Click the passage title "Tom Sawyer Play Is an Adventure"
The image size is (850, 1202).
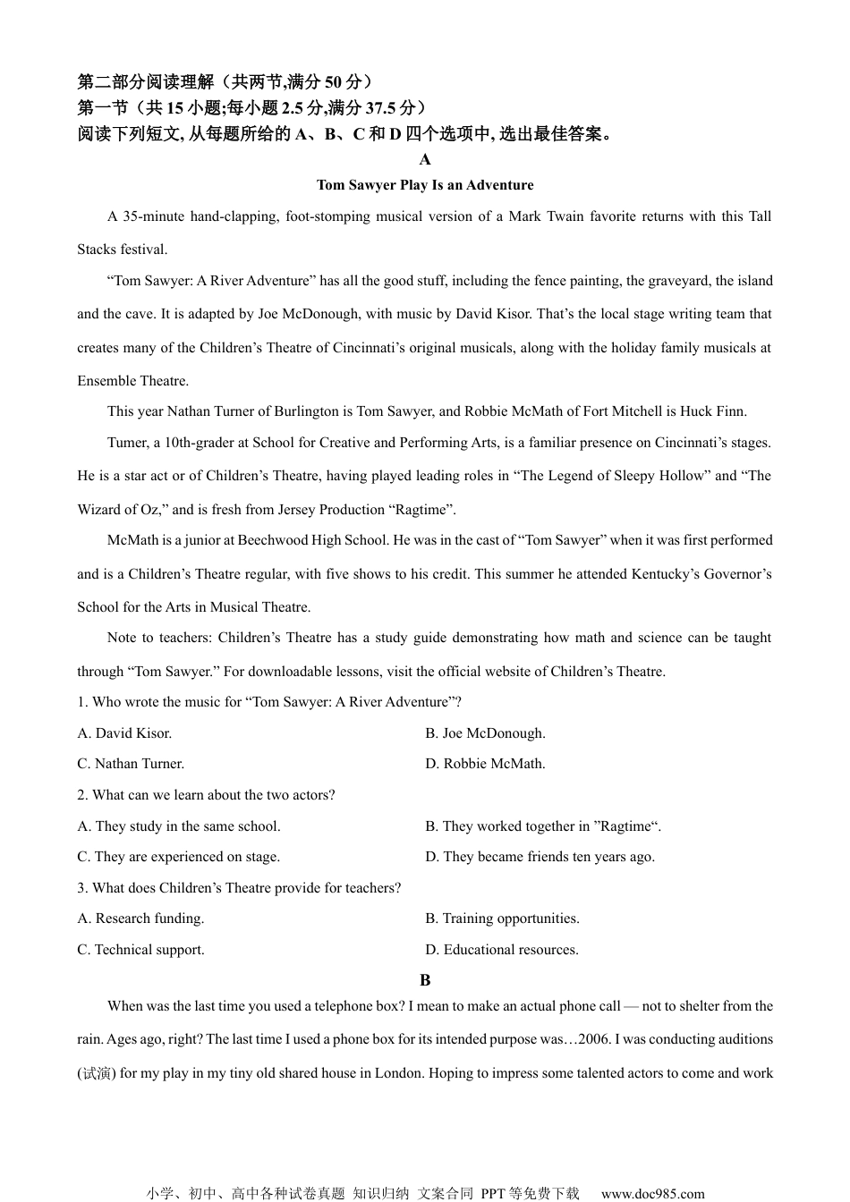(425, 185)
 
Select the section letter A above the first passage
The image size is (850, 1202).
(425, 160)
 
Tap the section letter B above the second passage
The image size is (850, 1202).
(425, 980)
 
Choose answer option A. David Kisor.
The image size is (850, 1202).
(124, 733)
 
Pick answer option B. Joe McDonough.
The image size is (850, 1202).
(485, 733)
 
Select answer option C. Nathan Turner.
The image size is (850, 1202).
(131, 764)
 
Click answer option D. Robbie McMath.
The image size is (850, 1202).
(485, 764)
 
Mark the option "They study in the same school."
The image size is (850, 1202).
(179, 826)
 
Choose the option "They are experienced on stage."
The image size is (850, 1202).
(179, 857)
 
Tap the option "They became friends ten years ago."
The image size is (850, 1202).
(540, 857)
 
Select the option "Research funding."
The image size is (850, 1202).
(140, 918)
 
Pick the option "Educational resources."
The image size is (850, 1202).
(502, 950)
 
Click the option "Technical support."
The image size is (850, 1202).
(140, 950)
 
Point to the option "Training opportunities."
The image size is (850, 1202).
(502, 918)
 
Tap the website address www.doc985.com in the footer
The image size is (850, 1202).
(652, 1193)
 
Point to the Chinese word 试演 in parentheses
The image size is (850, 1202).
(96, 1073)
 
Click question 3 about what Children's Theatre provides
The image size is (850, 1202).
(239, 888)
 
